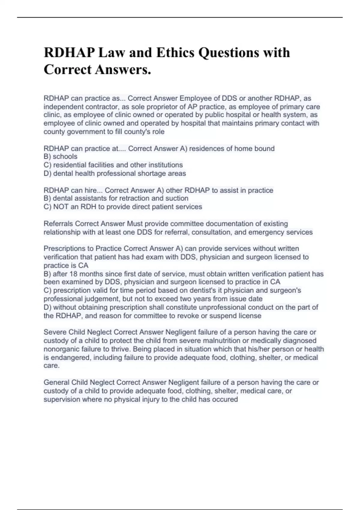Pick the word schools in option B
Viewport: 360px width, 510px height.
(x=65, y=157)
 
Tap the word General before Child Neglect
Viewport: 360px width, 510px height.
(x=56, y=382)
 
